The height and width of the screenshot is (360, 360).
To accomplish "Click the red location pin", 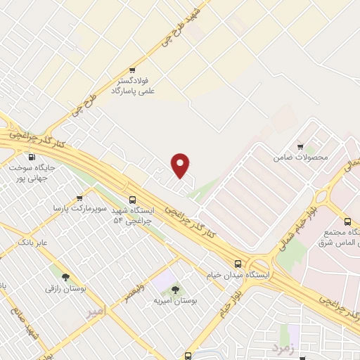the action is click(181, 165).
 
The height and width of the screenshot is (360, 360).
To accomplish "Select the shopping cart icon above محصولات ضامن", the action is click(300, 147).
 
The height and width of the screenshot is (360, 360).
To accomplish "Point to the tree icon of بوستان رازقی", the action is click(65, 277).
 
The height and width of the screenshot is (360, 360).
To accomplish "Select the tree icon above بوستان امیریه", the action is click(174, 289).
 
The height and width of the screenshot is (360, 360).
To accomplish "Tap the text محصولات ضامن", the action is click(301, 157).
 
